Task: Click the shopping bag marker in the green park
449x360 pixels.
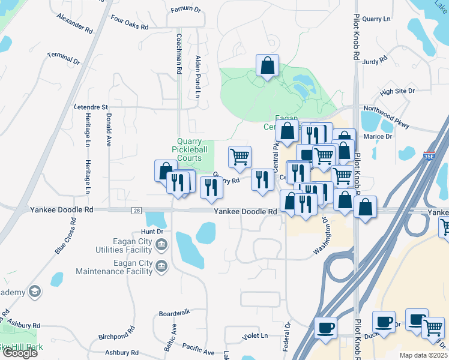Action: pos(267,65)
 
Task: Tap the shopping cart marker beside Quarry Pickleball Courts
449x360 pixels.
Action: pos(240,157)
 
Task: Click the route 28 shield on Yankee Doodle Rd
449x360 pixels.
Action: pos(137,211)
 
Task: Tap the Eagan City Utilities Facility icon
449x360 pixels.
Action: pos(161,244)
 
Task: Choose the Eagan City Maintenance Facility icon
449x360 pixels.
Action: pos(161,266)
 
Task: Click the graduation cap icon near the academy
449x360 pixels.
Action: pos(35,292)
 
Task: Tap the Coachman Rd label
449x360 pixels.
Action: pos(179,53)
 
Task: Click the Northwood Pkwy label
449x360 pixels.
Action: pos(386,117)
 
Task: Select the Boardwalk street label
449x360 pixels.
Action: pos(174,313)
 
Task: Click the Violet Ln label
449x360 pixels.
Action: pos(255,335)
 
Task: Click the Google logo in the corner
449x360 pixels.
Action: pos(19,353)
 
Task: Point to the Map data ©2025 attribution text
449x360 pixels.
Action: pos(423,355)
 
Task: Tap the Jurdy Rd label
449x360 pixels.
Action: pos(374,61)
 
